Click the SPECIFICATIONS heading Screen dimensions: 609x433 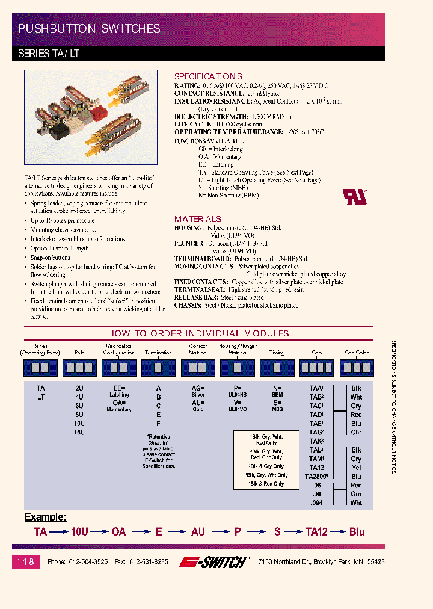point(208,76)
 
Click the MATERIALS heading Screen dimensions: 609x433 point(198,219)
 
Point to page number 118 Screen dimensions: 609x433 point(25,561)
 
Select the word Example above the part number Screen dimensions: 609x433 point(45,517)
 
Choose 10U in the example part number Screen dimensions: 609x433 point(79,532)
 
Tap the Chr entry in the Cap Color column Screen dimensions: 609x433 point(357,432)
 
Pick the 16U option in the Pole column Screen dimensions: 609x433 point(79,432)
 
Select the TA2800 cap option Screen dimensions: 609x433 point(317,476)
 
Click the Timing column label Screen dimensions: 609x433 point(277,353)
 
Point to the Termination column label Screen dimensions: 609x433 point(159,353)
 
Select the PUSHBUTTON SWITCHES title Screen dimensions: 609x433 point(89,28)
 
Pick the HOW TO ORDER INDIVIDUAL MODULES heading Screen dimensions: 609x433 point(198,333)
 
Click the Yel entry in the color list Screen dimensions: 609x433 point(357,468)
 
